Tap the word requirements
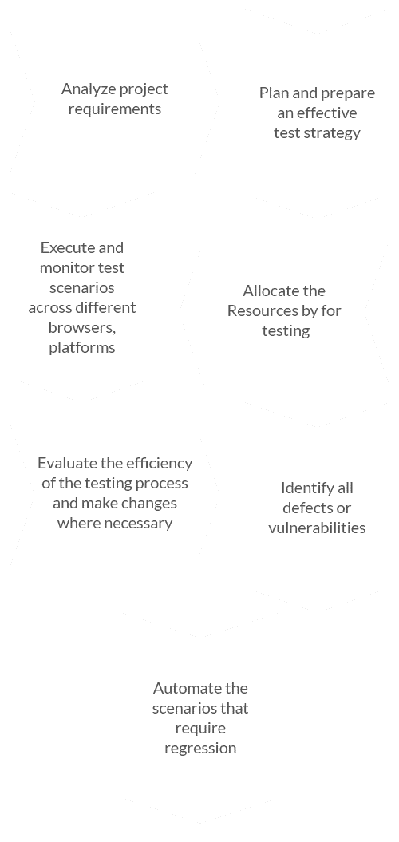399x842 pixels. (x=115, y=109)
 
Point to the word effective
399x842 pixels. (x=327, y=113)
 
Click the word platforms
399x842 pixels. (x=82, y=348)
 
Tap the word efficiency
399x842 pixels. (x=160, y=464)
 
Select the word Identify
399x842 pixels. (x=302, y=488)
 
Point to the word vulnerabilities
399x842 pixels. (x=317, y=528)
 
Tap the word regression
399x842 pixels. (x=200, y=749)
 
